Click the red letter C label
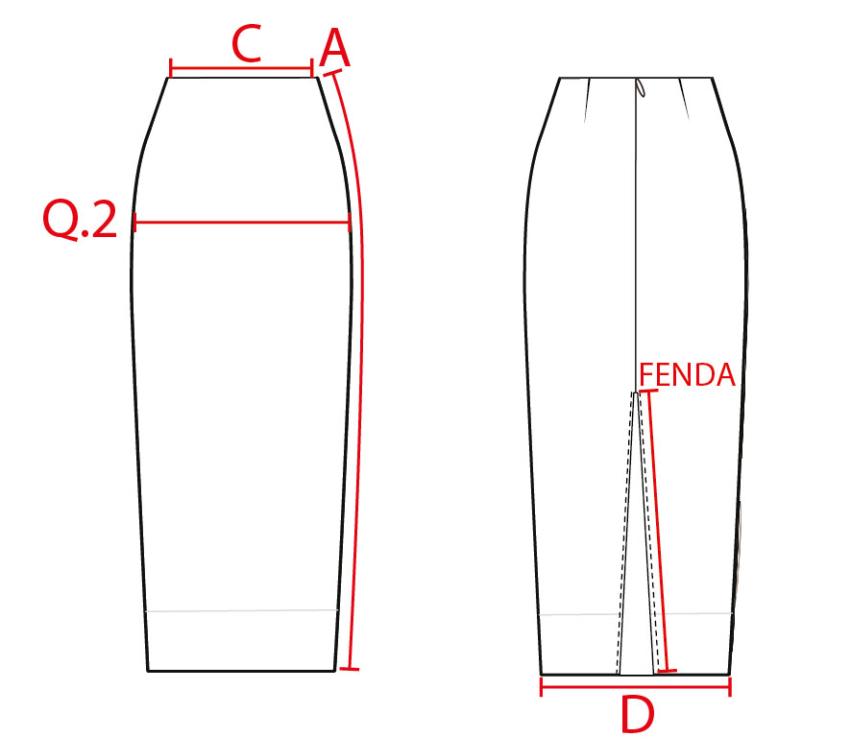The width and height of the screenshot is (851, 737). (247, 43)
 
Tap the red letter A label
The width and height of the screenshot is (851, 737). (335, 48)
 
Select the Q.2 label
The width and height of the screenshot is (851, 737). (80, 220)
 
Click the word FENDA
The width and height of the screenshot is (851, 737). (687, 374)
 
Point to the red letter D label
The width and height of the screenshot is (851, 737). (637, 714)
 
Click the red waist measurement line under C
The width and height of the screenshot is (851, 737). (241, 69)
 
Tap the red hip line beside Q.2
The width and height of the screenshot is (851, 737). (242, 222)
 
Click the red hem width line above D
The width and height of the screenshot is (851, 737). (636, 687)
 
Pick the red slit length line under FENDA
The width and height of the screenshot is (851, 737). (658, 531)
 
